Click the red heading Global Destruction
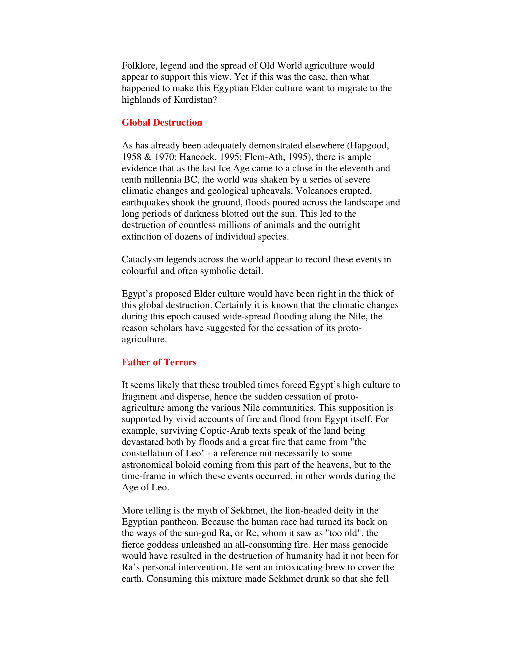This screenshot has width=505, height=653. coord(162,123)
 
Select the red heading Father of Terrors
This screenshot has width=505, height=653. coord(159,362)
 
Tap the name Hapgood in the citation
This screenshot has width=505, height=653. coord(370,146)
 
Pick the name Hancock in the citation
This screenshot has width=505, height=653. coord(197,157)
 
